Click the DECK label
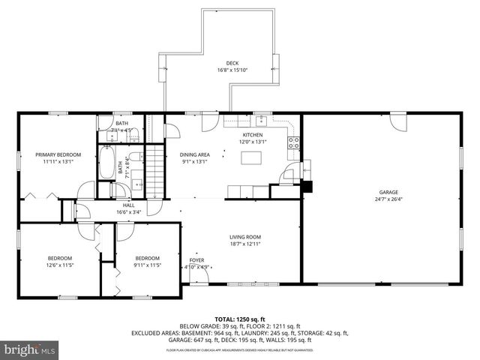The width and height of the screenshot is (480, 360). (x=233, y=63)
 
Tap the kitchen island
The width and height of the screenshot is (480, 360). (x=252, y=157)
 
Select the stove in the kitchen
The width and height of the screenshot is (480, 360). (x=294, y=142)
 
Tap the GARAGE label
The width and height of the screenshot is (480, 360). (x=388, y=192)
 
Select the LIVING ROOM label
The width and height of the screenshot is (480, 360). (x=245, y=237)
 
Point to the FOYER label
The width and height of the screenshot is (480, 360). (x=196, y=259)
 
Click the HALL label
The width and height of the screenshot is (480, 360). (x=128, y=204)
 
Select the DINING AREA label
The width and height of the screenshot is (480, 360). (x=195, y=154)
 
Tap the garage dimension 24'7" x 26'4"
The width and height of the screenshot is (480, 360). (x=388, y=199)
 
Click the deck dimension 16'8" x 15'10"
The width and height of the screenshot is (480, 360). (x=232, y=70)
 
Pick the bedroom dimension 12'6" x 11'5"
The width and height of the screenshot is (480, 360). (x=59, y=265)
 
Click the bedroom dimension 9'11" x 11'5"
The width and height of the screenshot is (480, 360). (x=147, y=265)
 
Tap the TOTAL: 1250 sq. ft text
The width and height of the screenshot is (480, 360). (x=236, y=319)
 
